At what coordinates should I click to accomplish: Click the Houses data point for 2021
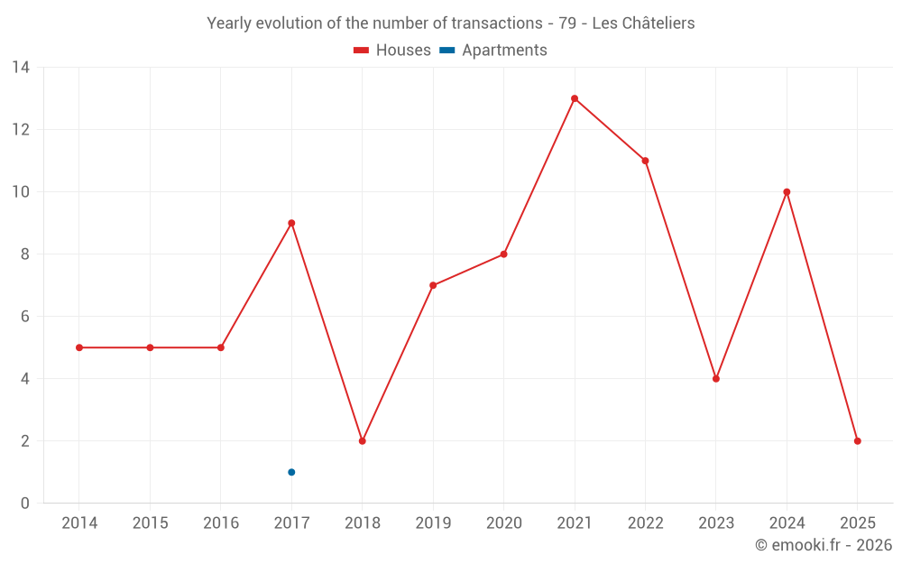pos(575,98)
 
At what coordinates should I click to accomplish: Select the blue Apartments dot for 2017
pos(291,472)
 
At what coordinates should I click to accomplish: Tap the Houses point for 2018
pos(362,441)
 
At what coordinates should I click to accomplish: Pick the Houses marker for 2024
pos(787,192)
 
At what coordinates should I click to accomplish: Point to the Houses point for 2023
pos(716,379)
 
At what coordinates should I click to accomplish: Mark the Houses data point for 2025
pos(858,441)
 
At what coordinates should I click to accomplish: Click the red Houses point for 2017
pos(291,223)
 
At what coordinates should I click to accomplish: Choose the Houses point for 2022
pos(645,161)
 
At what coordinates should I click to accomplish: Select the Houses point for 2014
pos(79,347)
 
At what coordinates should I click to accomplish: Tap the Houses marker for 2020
pos(503,254)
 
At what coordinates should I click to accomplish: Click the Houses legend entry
pos(392,51)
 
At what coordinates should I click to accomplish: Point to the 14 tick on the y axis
pos(21,68)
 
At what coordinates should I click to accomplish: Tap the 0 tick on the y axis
pos(25,504)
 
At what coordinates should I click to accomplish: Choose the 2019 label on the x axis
pos(433,523)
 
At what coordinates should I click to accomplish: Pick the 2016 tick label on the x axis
pos(221,523)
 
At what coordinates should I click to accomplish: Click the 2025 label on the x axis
pos(858,523)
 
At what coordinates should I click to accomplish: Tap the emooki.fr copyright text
pos(824,545)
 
